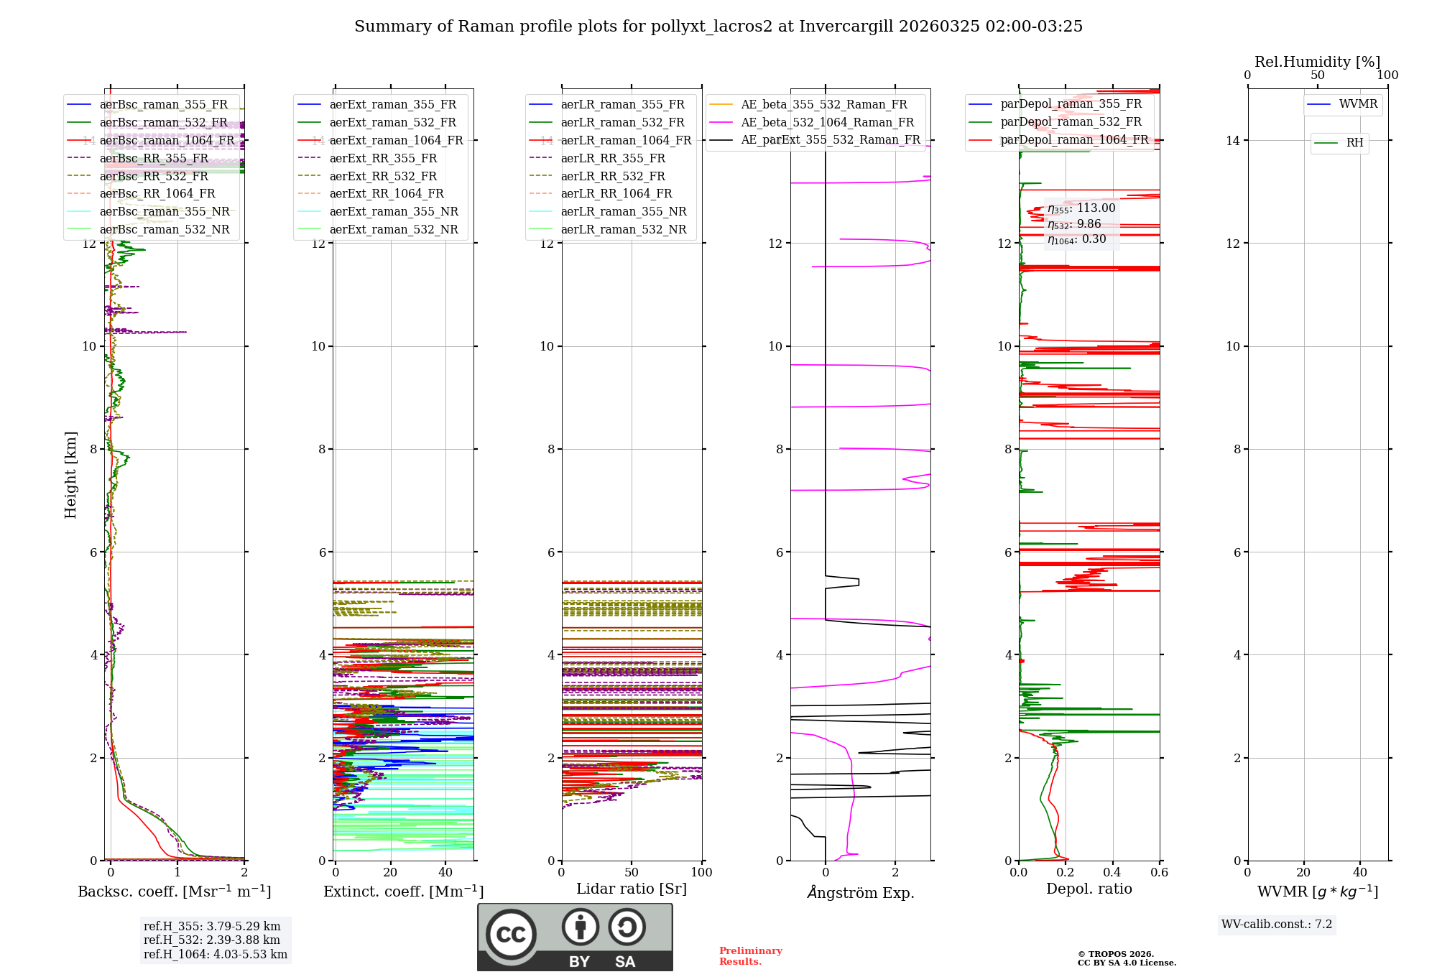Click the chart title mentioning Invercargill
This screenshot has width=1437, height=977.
[x=718, y=27]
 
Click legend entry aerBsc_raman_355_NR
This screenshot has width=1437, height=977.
[x=165, y=212]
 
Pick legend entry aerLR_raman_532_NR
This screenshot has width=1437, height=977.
[x=623, y=230]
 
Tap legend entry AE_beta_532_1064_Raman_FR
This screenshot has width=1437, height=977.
[x=827, y=123]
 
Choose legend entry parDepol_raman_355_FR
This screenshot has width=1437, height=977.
[x=1071, y=104]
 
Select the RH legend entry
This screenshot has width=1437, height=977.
[x=1354, y=143]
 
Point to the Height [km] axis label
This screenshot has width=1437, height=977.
[x=70, y=475]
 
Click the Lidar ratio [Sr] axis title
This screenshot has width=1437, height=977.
[x=632, y=889]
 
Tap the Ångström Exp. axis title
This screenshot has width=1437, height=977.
[x=860, y=893]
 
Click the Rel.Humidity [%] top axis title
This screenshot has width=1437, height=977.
[x=1317, y=62]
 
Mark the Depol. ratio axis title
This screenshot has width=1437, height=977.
[x=1089, y=889]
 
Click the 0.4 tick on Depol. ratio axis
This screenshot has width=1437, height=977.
[x=1112, y=873]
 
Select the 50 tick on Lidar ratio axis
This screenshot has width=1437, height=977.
[x=632, y=873]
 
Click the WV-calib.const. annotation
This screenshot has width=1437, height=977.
[x=1277, y=925]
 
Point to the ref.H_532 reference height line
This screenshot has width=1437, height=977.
[x=212, y=940]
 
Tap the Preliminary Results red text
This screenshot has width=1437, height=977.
[x=750, y=956]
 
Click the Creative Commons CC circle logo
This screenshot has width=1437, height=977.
[x=511, y=935]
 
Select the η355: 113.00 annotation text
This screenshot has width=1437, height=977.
[x=1081, y=209]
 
